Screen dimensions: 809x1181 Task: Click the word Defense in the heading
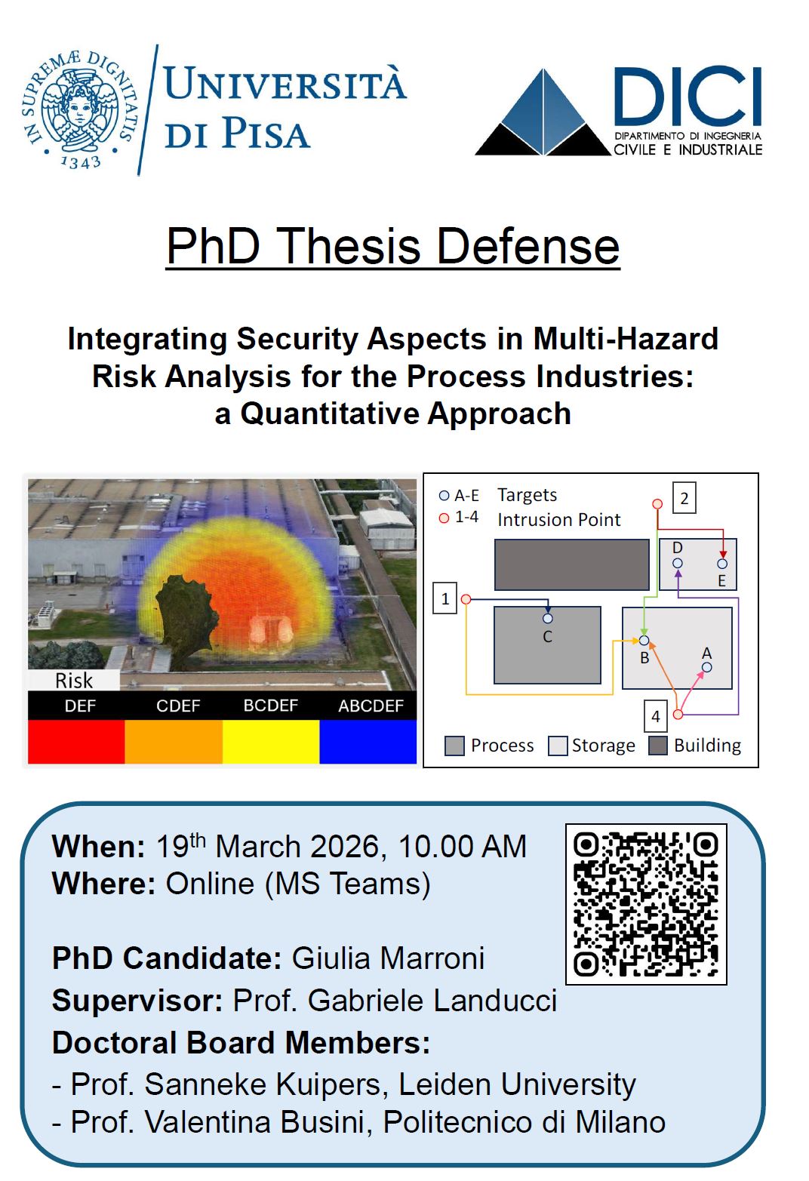pyautogui.click(x=528, y=246)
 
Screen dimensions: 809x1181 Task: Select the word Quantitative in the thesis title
pyautogui.click(x=330, y=414)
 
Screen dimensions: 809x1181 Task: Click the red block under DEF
pyautogui.click(x=76, y=741)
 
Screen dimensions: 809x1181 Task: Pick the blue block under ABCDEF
pyautogui.click(x=368, y=741)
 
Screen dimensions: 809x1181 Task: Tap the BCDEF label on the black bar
pyautogui.click(x=270, y=706)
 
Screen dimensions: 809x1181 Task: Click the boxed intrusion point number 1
pyautogui.click(x=445, y=598)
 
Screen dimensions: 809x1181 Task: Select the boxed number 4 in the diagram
pyautogui.click(x=656, y=716)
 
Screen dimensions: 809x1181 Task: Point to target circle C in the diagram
pyautogui.click(x=547, y=618)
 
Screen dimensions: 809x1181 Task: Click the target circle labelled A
pyautogui.click(x=706, y=668)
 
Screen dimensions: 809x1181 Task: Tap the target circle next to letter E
pyautogui.click(x=722, y=564)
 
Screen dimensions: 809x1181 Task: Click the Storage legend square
pyautogui.click(x=558, y=746)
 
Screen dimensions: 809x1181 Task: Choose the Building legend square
pyautogui.click(x=657, y=746)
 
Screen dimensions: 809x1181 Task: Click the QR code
pyautogui.click(x=646, y=904)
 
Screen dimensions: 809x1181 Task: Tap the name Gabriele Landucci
pyautogui.click(x=432, y=1000)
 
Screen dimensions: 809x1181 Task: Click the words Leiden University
pyautogui.click(x=517, y=1085)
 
